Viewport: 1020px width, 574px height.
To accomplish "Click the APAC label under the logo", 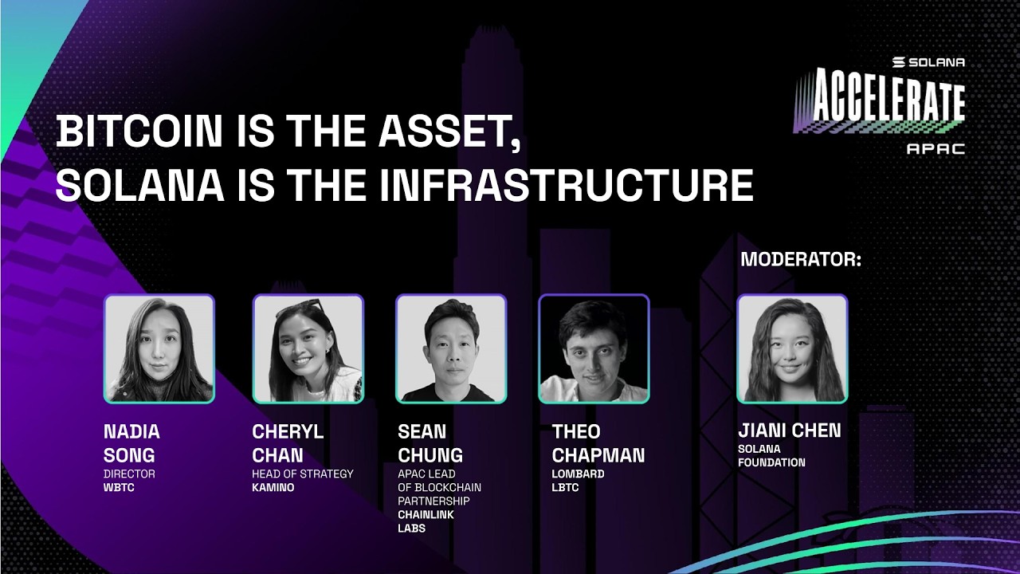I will [x=936, y=148].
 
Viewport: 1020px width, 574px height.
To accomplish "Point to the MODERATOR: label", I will [x=801, y=260].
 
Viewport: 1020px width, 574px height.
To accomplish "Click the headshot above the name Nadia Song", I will [x=159, y=348].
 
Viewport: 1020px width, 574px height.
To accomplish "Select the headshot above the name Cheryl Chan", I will [x=308, y=348].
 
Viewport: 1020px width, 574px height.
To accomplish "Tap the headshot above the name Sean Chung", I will [x=451, y=348].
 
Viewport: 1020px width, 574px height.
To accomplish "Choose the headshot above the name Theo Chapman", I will [x=594, y=348].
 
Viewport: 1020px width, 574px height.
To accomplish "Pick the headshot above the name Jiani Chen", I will [x=792, y=348].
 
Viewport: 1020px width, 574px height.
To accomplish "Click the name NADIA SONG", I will [x=131, y=443].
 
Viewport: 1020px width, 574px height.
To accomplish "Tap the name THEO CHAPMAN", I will [x=598, y=443].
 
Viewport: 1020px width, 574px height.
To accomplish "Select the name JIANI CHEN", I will [x=789, y=431].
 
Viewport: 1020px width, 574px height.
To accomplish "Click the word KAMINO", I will [x=273, y=487].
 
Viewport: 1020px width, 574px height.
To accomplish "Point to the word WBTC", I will [x=119, y=487].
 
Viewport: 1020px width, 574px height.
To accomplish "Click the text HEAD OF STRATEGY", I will [x=303, y=474].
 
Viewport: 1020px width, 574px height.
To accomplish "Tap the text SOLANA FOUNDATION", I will [x=771, y=455].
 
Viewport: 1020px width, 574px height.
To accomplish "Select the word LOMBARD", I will [x=578, y=474].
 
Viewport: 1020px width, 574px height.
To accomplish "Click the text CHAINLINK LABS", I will [x=426, y=521].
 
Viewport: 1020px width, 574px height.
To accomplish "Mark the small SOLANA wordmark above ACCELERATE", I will [x=928, y=62].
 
